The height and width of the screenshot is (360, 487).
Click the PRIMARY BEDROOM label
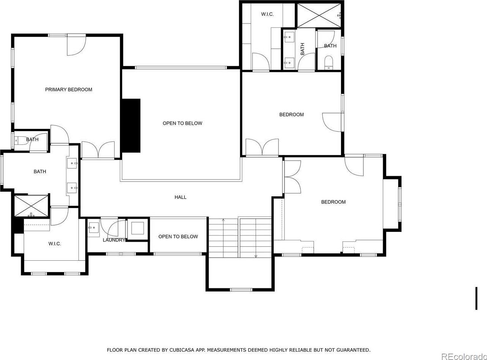click(x=69, y=89)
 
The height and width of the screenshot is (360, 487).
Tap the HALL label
click(x=181, y=197)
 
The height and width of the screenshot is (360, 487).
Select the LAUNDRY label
click(x=114, y=240)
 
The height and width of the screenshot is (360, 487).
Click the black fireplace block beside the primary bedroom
click(x=131, y=125)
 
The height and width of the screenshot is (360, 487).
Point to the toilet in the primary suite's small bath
click(x=20, y=141)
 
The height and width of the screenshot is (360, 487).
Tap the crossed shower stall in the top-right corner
click(x=319, y=16)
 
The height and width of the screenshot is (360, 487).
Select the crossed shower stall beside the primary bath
click(x=31, y=206)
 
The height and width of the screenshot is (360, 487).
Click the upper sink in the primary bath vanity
click(x=72, y=163)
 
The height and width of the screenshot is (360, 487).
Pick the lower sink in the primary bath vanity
click(x=72, y=188)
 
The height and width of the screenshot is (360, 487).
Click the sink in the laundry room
click(x=94, y=228)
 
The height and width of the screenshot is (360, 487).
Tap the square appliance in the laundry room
click(x=137, y=229)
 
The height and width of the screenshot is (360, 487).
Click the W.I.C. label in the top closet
click(x=267, y=14)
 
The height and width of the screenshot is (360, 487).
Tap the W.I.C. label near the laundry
click(x=55, y=244)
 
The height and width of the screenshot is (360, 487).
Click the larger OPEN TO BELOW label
click(x=182, y=123)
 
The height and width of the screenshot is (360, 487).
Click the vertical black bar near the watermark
click(x=476, y=298)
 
